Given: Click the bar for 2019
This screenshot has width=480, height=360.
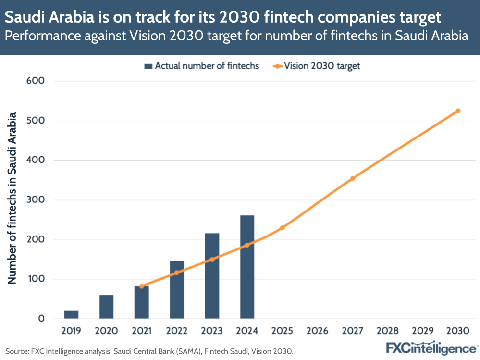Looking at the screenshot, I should click(x=71, y=314).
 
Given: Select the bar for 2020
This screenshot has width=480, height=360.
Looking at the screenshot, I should click(x=106, y=307).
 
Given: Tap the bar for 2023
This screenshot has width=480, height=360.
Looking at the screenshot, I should click(x=212, y=276).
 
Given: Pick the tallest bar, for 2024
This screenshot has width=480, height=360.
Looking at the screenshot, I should click(x=247, y=267).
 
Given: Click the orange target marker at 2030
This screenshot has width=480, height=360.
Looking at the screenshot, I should click(x=458, y=111).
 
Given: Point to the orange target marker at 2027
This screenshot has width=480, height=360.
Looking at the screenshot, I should click(x=353, y=178).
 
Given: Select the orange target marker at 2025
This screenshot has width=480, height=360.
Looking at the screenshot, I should click(x=282, y=227).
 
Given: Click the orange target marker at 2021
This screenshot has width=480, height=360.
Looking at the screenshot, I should click(x=142, y=286).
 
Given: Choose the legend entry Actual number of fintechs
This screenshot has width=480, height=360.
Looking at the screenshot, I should click(x=202, y=66).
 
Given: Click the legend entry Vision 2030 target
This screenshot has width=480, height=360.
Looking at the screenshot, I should click(x=317, y=66).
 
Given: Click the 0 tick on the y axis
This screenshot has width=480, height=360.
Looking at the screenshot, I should click(x=41, y=319).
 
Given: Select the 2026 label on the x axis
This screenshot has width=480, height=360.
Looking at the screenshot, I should click(x=317, y=331).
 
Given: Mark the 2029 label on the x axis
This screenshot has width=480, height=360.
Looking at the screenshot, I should click(x=423, y=331).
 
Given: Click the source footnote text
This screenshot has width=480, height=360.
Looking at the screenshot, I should click(x=149, y=351).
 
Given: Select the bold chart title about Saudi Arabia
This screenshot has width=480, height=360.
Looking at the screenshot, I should click(x=223, y=18).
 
